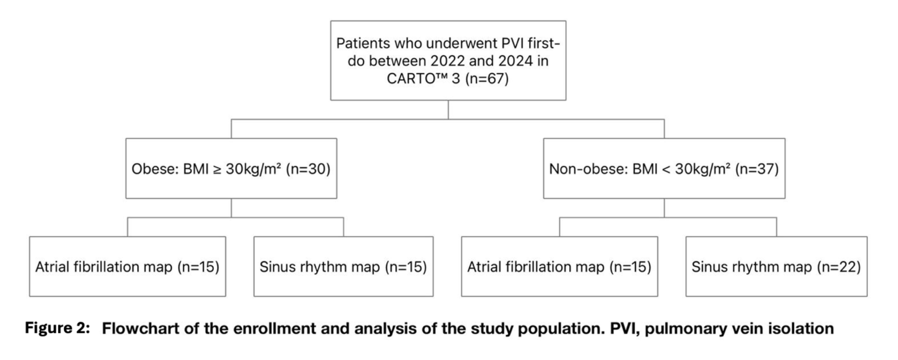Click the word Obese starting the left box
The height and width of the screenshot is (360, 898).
pos(153,169)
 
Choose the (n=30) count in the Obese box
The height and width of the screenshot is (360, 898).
pos(308,169)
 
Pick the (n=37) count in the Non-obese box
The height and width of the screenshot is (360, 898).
pos(757,169)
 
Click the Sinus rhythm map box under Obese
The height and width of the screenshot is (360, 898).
pos(344,267)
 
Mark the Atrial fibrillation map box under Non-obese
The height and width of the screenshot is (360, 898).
pos(560,267)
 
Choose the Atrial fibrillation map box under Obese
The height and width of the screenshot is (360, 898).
pos(128,267)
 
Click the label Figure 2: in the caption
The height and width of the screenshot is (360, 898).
pos(58,328)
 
